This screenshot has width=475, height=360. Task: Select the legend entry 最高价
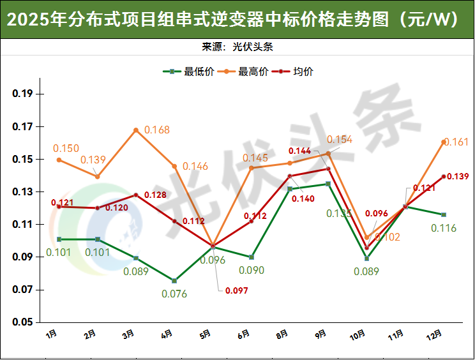point(253,71)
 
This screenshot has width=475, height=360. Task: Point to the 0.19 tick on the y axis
point(23,94)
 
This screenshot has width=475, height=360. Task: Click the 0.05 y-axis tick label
point(23,323)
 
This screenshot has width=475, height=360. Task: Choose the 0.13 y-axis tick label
point(23,192)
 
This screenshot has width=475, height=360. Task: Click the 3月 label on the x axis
point(128,333)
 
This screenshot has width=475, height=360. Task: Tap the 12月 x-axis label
point(434,334)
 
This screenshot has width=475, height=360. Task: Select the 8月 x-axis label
point(282,333)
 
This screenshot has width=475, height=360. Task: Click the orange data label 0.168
point(157,130)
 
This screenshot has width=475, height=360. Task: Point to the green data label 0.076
point(174,294)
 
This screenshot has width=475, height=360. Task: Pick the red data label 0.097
point(236,290)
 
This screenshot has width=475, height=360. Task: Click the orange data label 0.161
point(456,142)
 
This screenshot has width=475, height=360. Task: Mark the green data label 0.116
point(444,228)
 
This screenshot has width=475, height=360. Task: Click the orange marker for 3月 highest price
point(136,130)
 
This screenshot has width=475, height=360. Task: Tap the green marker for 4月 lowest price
point(174,281)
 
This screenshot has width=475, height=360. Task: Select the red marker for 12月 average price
point(444,177)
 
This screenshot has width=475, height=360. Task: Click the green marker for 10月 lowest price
point(366,259)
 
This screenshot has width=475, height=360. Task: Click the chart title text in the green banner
point(237,20)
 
